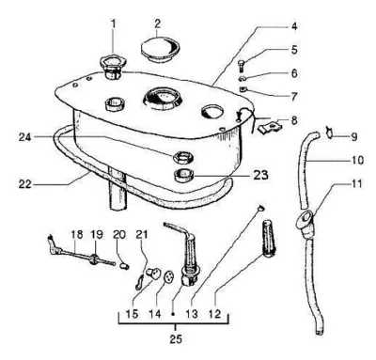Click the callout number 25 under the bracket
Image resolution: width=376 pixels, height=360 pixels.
pos(176,339)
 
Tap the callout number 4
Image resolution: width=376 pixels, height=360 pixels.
pos(294,26)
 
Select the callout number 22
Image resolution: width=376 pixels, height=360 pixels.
pos(25,184)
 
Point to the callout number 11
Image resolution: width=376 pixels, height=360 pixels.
pos(355,183)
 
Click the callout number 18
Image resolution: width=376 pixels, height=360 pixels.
pos(77,234)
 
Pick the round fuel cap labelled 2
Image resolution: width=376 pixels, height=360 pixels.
pos(160,50)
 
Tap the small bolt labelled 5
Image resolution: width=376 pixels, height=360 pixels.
pos(242,66)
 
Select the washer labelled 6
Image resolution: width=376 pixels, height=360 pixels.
pos(243,78)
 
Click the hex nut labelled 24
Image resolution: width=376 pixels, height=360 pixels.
pos(183,156)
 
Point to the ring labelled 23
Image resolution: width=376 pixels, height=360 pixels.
pos(183,176)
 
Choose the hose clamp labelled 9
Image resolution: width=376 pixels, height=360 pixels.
pos(329,132)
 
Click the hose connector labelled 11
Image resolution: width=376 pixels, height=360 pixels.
pos(305,224)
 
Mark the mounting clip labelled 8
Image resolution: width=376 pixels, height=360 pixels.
pos(270,127)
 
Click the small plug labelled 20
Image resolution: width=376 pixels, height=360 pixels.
pos(125,266)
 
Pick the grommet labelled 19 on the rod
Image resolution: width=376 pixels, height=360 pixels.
pos(93,259)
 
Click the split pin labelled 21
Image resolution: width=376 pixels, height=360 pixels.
pos(139,281)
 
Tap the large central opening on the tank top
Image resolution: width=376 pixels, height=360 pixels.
pos(163,99)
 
